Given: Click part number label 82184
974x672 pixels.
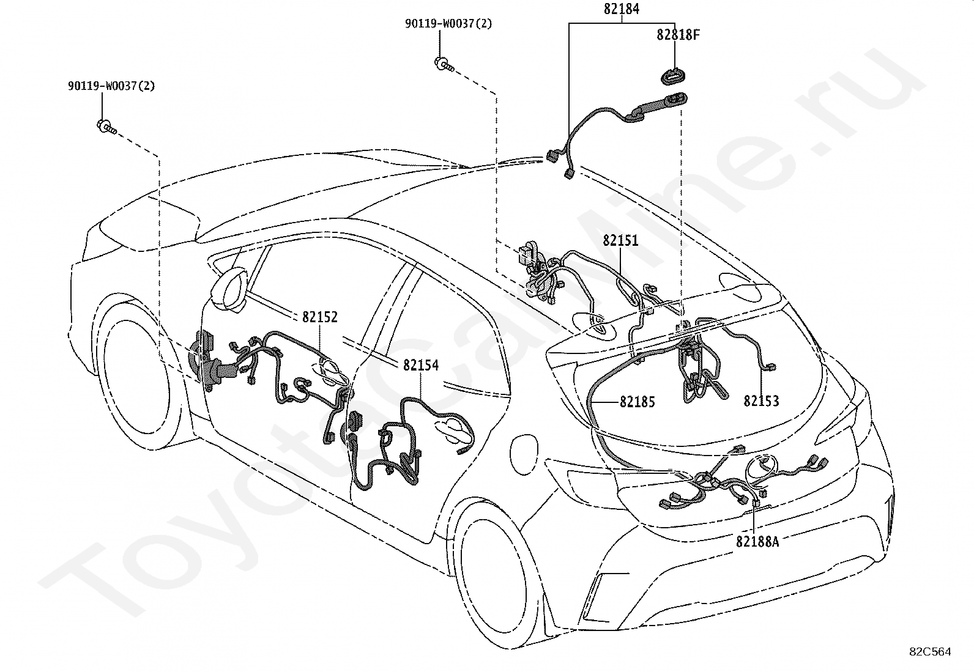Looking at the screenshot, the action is pyautogui.click(x=622, y=9).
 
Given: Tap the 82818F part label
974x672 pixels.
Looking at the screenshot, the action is pyautogui.click(x=678, y=35).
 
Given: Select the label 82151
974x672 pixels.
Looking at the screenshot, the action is pyautogui.click(x=620, y=240).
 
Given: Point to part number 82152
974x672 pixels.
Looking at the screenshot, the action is pyautogui.click(x=319, y=317).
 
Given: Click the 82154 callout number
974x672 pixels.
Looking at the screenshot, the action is pyautogui.click(x=420, y=365).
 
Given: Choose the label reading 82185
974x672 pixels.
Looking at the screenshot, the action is pyautogui.click(x=637, y=402).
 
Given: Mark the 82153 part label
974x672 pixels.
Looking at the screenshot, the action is pyautogui.click(x=761, y=401).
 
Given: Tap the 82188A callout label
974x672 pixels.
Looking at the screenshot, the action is pyautogui.click(x=757, y=542).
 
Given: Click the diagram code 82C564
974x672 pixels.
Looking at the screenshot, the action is pyautogui.click(x=930, y=652).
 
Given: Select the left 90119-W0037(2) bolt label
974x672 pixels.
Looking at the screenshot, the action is pyautogui.click(x=111, y=86).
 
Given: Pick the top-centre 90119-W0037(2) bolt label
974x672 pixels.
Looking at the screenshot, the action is pyautogui.click(x=448, y=23).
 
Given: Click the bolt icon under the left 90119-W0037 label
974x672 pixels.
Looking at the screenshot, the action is pyautogui.click(x=106, y=127).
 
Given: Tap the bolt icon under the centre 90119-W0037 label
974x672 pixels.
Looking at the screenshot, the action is pyautogui.click(x=443, y=64).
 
